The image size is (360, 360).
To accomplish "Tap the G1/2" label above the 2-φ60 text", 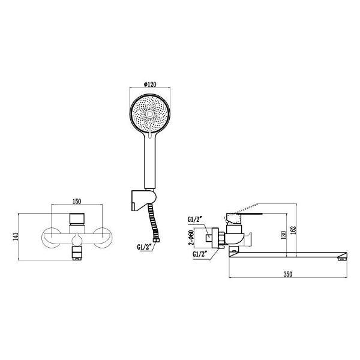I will coord(196,220).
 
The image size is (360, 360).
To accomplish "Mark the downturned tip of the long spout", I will coord(343,257).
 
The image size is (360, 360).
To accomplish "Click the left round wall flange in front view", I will coord(49,238).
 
